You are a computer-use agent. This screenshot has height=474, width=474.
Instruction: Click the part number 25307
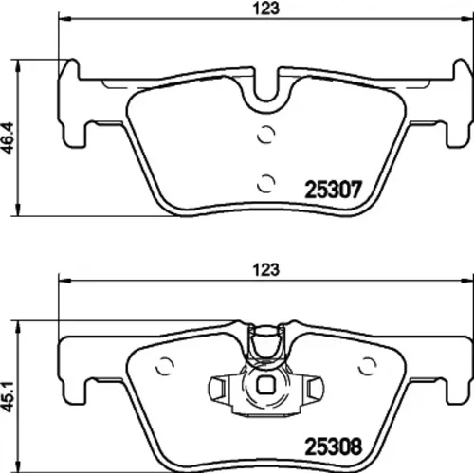(x=333, y=190)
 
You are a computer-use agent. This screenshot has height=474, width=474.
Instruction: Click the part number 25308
(x=333, y=447)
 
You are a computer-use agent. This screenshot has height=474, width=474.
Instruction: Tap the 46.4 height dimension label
(x=9, y=137)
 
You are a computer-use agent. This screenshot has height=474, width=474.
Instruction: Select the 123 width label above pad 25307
(x=266, y=9)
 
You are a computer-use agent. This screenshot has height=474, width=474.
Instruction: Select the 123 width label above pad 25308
(x=266, y=270)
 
